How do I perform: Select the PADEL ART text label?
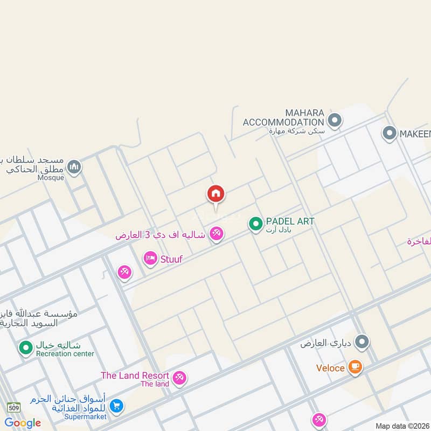pos(290,221)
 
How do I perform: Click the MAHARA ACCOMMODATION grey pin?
pos(335,120)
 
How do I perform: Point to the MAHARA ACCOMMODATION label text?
pos(283,117)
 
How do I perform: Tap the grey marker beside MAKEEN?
pos(389,133)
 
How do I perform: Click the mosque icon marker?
pos(74,167)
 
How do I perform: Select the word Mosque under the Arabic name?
pos(51,177)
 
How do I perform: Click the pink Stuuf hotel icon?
pos(150,259)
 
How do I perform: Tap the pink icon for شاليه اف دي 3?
pos(217,234)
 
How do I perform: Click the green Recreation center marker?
pos(25,348)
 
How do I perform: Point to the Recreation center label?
pos(65,354)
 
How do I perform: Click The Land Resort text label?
pos(135,376)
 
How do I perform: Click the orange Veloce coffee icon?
pos(355,367)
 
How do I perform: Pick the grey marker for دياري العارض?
pos(363,342)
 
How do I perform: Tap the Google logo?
pos(23,422)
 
